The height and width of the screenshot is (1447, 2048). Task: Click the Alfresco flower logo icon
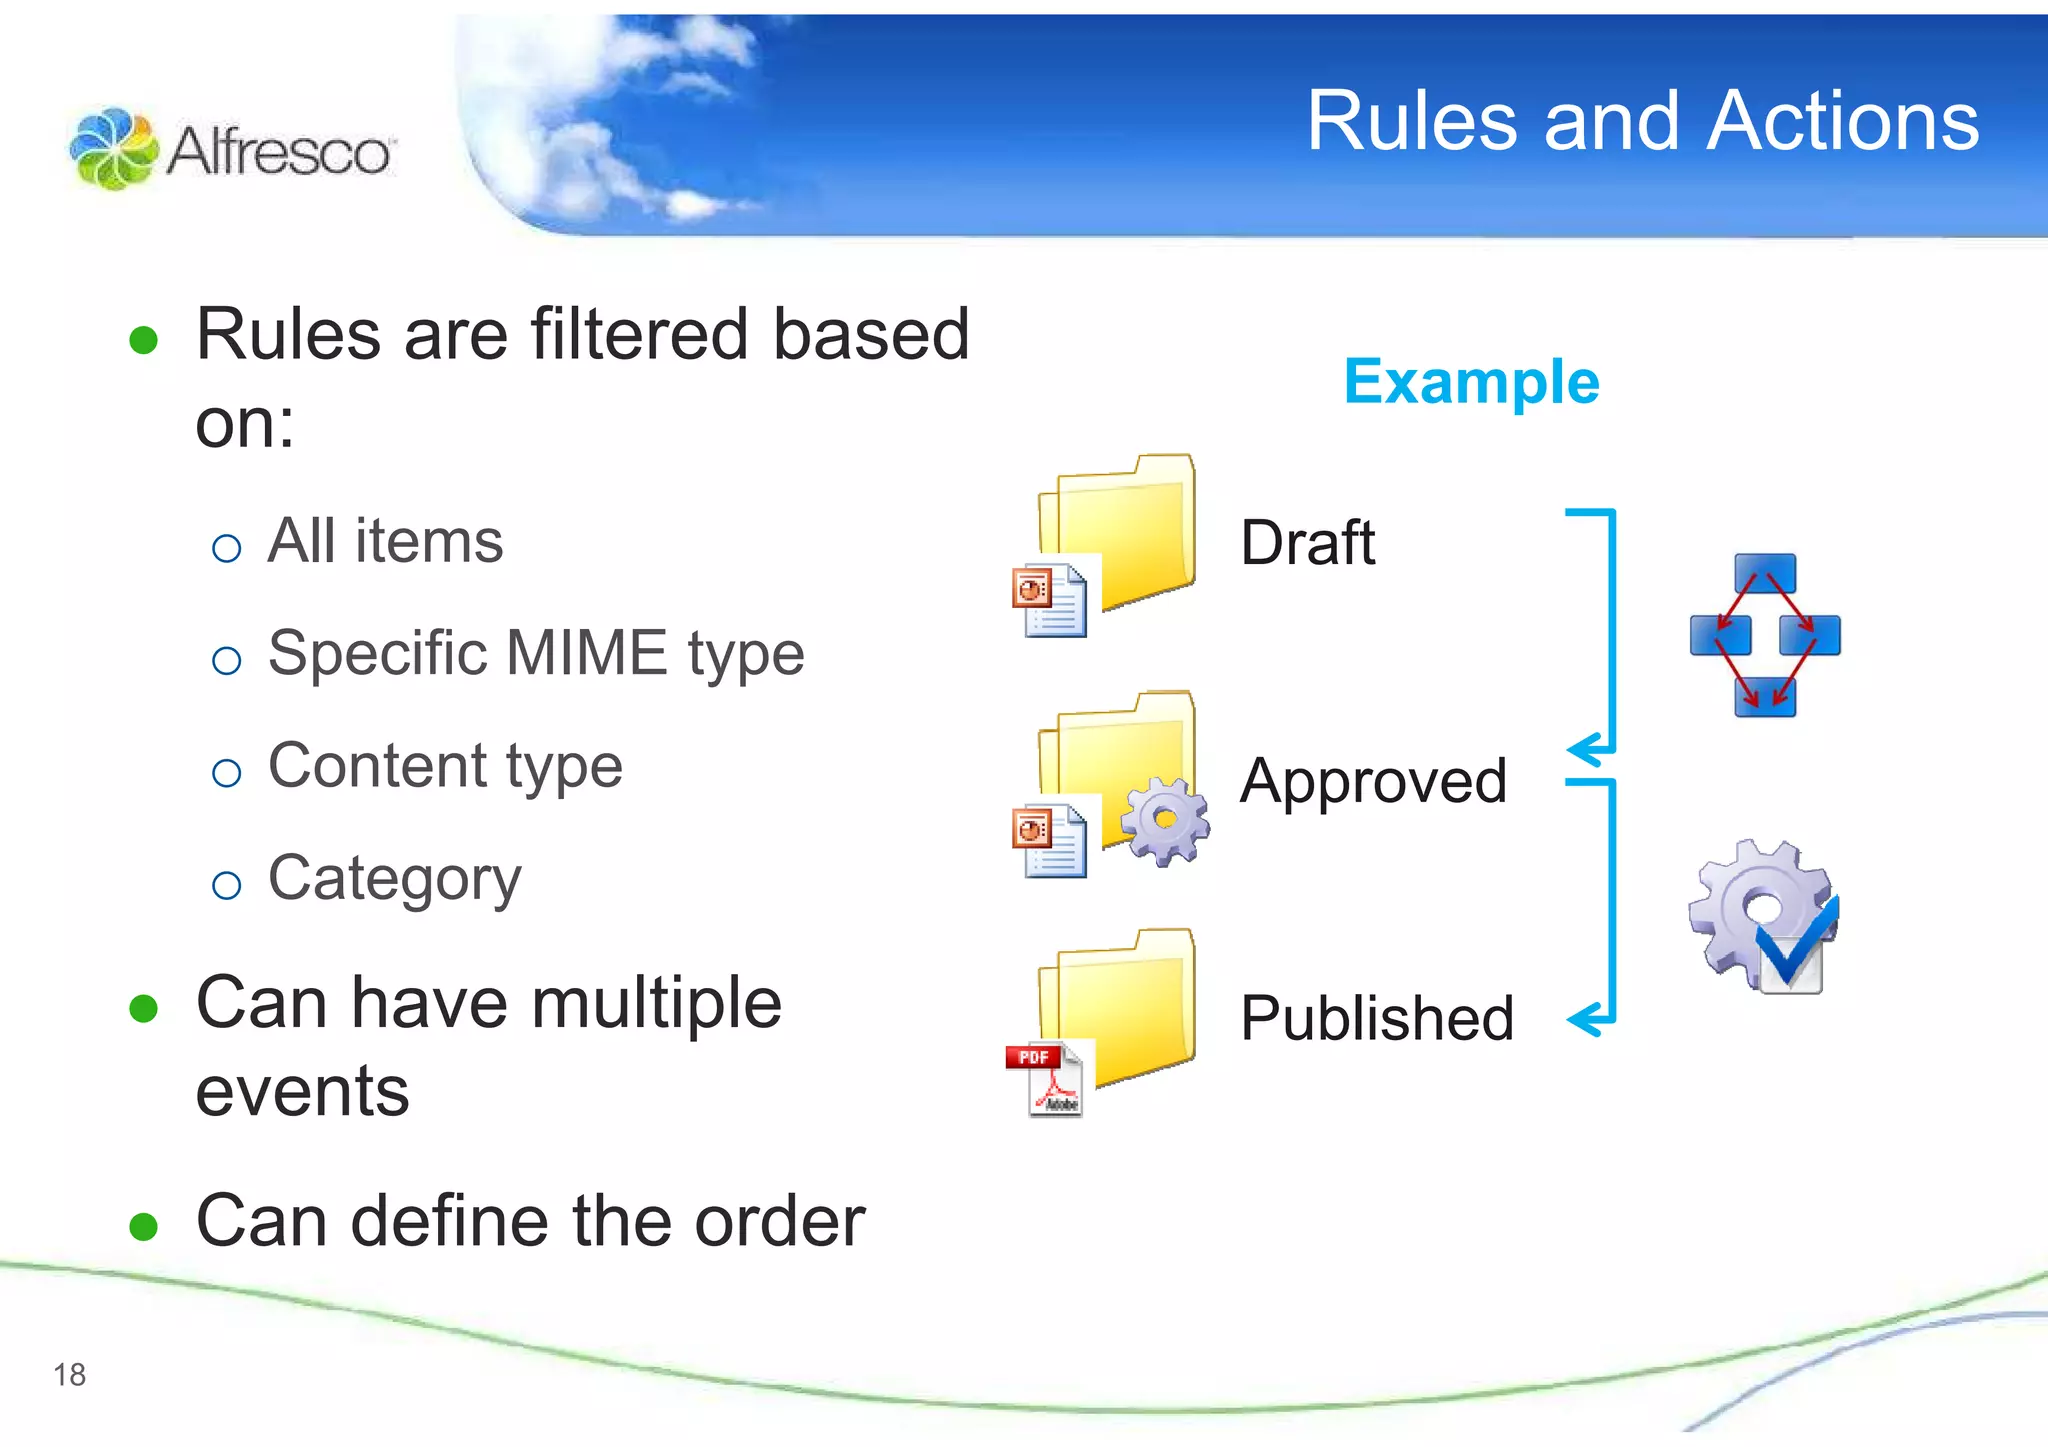point(113,149)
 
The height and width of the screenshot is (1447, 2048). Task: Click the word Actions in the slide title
point(1842,122)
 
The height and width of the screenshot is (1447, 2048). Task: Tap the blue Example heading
point(1471,382)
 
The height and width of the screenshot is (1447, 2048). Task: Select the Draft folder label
point(1307,543)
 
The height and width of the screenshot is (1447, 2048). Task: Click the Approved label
point(1373,781)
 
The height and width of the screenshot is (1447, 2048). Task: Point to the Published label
point(1376,1018)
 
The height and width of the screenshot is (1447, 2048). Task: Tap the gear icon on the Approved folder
point(1165,821)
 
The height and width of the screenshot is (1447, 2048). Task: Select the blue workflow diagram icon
point(1765,635)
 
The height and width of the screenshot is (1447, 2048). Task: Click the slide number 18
point(70,1375)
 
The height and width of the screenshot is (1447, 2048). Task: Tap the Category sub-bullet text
point(394,880)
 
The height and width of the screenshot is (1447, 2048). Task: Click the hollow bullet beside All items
point(227,548)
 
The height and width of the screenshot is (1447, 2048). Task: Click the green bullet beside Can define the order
point(144,1226)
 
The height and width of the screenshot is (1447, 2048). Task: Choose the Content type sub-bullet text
point(445,767)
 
